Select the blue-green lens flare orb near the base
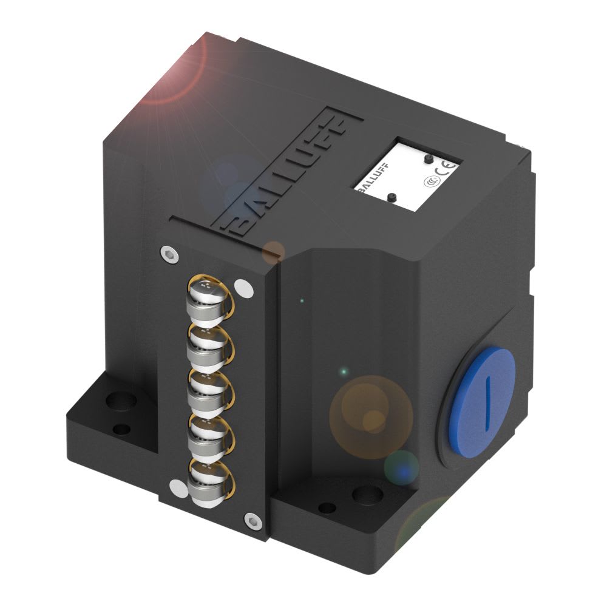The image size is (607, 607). click(401, 466)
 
